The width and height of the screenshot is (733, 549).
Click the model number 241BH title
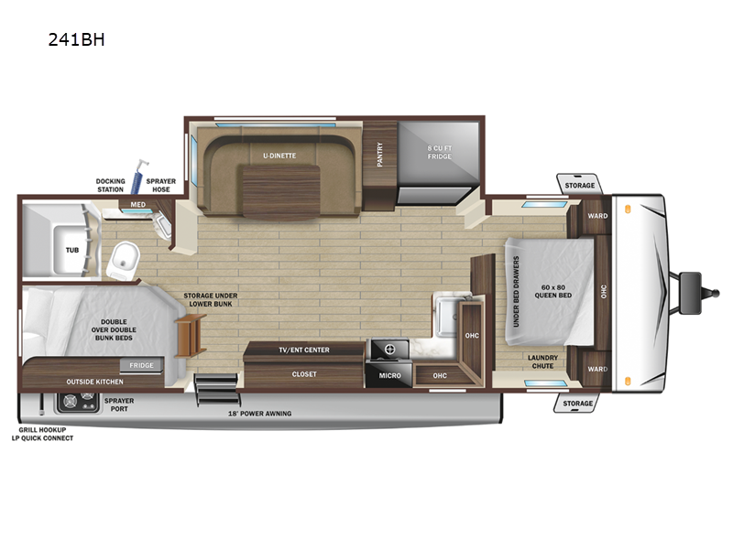[x=76, y=39]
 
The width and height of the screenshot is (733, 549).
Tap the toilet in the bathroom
[x=124, y=261]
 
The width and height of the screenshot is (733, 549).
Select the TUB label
[x=72, y=250]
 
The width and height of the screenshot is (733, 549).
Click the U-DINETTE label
[x=279, y=156]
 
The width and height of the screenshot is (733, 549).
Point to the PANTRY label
[x=379, y=154]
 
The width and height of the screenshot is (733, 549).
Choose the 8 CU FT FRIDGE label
[x=440, y=152]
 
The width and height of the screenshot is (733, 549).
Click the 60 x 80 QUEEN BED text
[x=553, y=291]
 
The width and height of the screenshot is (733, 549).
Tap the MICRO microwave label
[x=390, y=375]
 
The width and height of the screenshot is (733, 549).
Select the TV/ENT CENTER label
[x=304, y=350]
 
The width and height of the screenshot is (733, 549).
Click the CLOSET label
[x=304, y=374]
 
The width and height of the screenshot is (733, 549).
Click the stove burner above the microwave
[x=389, y=350]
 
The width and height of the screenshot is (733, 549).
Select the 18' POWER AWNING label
[x=259, y=414]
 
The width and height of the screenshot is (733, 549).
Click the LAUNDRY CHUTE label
[x=542, y=361]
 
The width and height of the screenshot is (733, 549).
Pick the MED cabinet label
[x=138, y=204]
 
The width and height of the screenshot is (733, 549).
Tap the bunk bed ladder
[x=190, y=335]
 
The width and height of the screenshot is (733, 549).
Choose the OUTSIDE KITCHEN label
[x=94, y=382]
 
